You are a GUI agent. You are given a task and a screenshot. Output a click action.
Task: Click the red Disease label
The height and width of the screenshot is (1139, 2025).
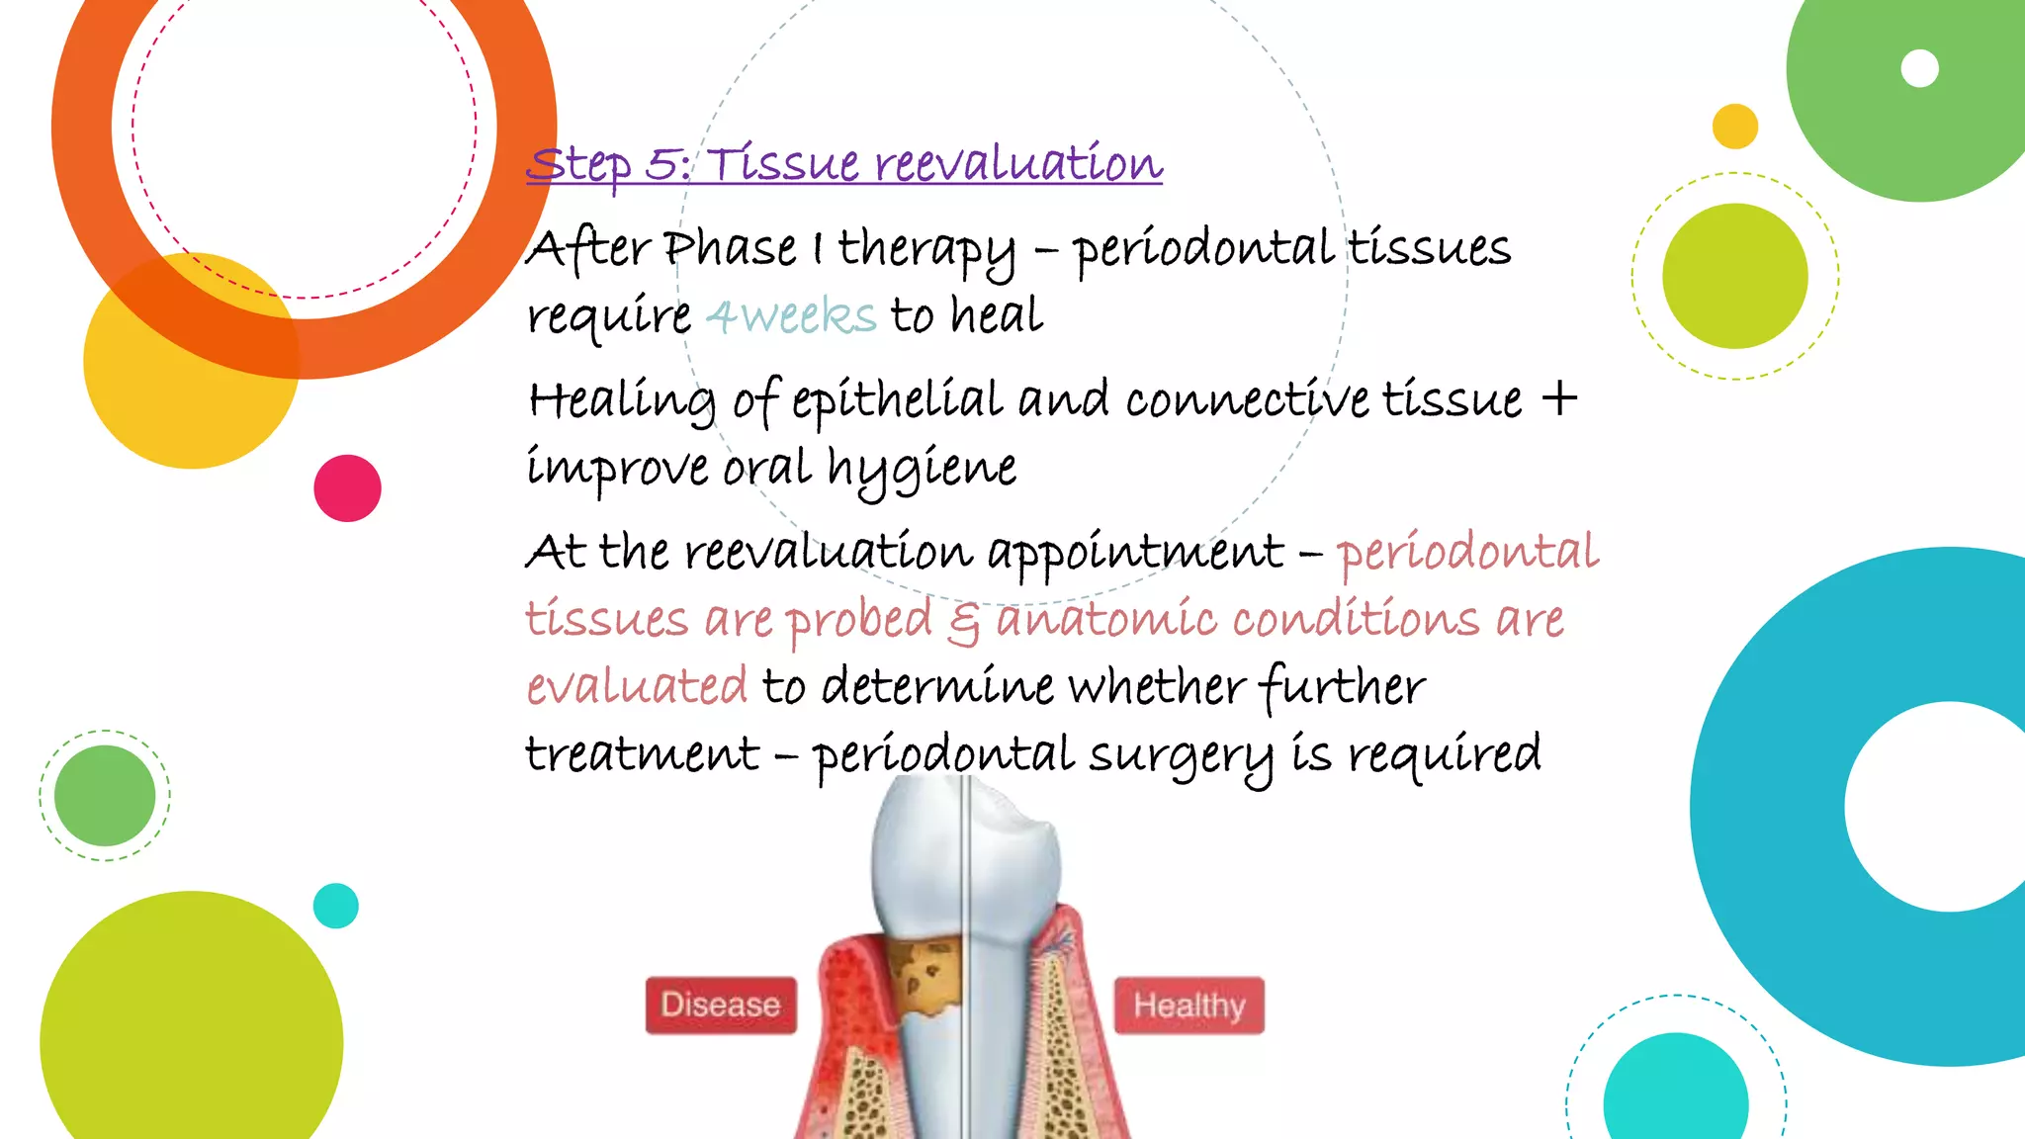click(721, 1006)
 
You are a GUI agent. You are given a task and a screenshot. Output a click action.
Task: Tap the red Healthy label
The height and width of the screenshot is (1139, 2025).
click(1189, 1006)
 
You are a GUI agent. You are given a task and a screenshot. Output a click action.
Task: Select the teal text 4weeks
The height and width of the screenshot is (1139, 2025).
click(791, 316)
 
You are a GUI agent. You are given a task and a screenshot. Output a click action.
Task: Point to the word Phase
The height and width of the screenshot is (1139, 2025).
click(730, 248)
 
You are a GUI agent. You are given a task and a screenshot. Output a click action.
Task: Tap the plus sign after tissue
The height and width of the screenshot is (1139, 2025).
click(1559, 399)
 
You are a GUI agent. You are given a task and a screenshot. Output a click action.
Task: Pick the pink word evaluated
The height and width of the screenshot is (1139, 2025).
click(637, 686)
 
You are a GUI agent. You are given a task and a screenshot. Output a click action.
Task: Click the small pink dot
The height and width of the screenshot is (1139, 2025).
click(347, 488)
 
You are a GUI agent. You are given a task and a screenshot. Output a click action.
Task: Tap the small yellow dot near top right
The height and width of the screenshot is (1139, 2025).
click(1734, 127)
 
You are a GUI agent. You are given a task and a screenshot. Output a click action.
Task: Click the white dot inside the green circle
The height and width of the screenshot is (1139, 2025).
click(1919, 69)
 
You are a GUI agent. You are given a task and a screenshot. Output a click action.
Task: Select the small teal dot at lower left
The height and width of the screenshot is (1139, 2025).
click(336, 906)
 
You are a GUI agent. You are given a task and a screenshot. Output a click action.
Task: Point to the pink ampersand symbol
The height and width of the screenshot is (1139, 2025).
click(963, 623)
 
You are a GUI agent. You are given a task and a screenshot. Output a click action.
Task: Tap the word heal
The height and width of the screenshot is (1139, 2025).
click(996, 316)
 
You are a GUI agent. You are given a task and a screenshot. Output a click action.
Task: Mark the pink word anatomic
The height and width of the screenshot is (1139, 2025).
click(1105, 621)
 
